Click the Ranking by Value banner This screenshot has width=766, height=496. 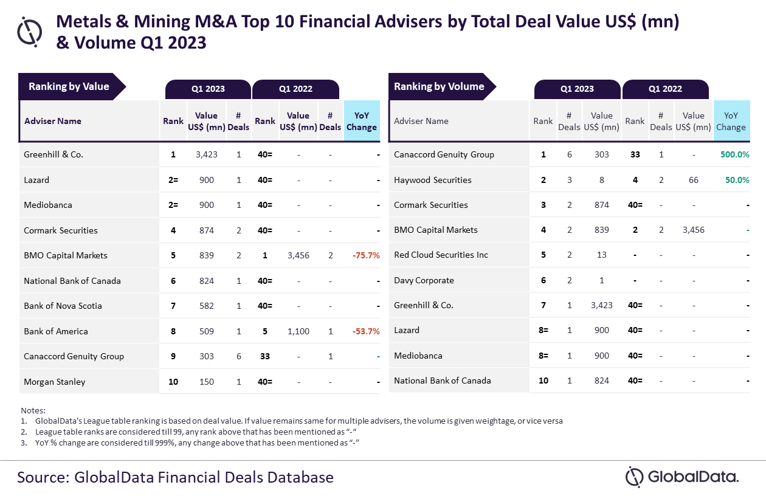pos(69,87)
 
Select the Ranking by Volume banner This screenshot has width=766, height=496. pos(439,87)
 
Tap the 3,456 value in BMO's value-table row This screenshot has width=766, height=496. pos(298,255)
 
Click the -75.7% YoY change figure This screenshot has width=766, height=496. pos(366,255)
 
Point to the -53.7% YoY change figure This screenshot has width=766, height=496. pos(366,331)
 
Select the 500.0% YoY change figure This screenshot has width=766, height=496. pos(735,154)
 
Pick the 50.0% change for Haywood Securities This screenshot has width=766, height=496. pos(737,180)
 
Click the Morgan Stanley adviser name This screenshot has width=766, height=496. pos(55,382)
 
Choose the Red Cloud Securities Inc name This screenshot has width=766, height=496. pos(441,255)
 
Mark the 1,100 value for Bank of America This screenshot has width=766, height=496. pos(298,331)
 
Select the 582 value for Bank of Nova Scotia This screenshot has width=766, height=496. pos(207,306)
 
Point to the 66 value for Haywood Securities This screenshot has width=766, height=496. pos(694,180)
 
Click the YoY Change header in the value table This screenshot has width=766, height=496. pos(362,121)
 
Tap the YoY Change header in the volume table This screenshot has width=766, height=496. pos(731,121)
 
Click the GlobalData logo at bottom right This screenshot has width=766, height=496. pos(681,476)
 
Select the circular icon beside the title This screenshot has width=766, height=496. pos(30,32)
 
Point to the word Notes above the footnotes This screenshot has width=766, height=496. pos(33,411)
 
